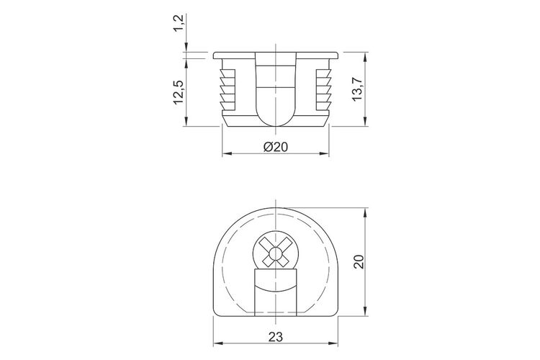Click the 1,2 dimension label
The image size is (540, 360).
click(x=179, y=23)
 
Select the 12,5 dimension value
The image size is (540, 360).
click(x=179, y=92)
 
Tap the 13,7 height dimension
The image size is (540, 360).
click(x=357, y=88)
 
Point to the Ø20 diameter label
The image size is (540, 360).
click(x=276, y=147)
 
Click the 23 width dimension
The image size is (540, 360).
click(x=276, y=336)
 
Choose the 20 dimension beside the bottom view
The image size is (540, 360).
click(x=358, y=262)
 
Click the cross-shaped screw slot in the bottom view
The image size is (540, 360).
click(x=276, y=253)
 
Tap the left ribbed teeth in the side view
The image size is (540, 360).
click(x=228, y=89)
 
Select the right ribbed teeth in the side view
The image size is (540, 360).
click(x=324, y=89)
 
